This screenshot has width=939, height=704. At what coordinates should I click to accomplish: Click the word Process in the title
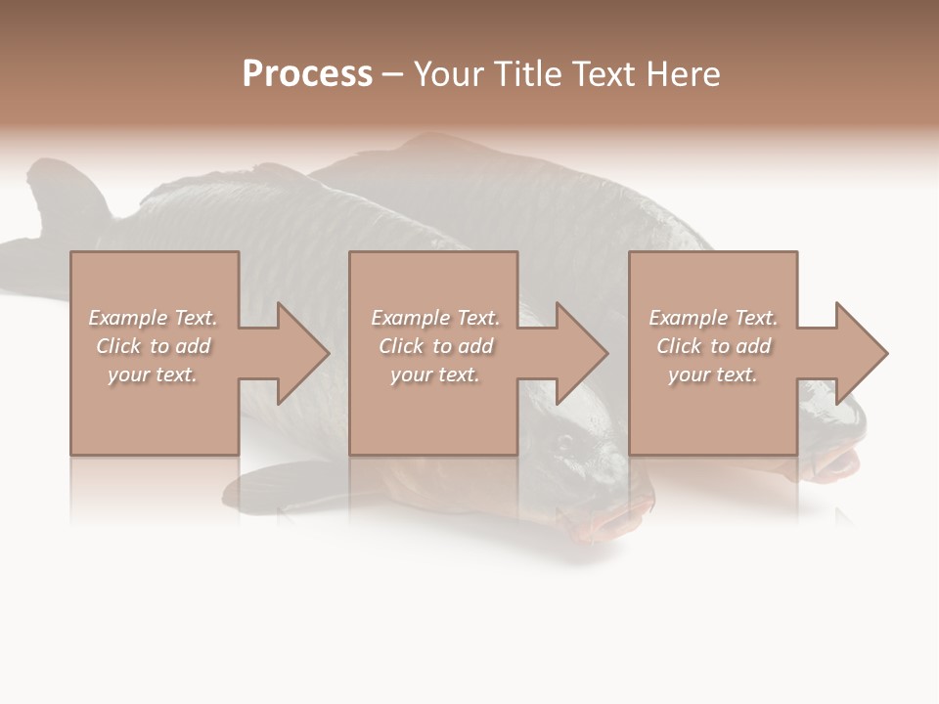307,74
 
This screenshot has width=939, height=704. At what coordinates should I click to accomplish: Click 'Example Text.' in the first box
153,318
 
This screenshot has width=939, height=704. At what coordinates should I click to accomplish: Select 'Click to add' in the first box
153,346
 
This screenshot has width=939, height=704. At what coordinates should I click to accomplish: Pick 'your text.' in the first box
153,374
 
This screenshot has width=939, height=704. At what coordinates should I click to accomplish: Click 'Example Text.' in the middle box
434,318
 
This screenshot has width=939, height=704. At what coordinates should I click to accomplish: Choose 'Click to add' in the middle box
434,346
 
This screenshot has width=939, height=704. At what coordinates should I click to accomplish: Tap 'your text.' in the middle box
434,374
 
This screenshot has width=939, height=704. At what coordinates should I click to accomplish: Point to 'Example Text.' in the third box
713,318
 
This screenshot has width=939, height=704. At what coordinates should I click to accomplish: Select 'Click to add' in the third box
713,346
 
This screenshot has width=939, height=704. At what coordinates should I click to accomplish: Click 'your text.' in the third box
713,374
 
